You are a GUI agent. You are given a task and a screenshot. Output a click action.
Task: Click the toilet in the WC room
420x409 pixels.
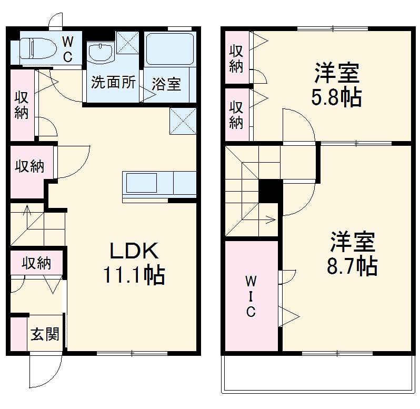point(38,48)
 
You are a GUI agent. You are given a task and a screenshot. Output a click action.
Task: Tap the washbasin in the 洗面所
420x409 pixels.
point(101,53)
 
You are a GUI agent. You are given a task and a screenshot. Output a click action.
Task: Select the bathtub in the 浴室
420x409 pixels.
point(170,49)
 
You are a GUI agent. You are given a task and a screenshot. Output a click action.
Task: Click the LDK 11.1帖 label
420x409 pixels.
point(134,263)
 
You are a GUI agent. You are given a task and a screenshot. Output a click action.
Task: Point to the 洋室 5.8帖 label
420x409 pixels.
point(337,84)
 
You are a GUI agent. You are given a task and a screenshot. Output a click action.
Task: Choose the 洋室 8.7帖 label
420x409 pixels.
point(352,253)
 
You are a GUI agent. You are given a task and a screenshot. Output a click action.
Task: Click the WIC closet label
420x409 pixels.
point(251,296)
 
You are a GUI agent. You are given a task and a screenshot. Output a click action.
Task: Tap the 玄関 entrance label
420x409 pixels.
point(45,334)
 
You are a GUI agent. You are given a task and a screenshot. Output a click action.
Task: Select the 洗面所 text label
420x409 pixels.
point(113,82)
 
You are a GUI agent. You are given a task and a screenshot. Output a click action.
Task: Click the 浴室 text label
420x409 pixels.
point(166,84)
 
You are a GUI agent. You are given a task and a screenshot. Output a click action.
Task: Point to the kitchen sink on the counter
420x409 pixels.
point(142,183)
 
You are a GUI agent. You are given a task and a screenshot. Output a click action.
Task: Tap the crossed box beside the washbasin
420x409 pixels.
point(127,43)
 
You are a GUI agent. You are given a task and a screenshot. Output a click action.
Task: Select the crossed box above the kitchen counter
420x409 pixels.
point(183,121)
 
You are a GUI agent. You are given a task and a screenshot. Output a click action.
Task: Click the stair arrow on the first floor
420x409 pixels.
point(27,210)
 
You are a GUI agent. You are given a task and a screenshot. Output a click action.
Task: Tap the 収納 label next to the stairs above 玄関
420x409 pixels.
point(36,263)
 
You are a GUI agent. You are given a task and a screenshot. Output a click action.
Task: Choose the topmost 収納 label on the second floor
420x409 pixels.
point(236,58)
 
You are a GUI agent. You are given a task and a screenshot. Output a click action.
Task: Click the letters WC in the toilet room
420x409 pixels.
point(67,49)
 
